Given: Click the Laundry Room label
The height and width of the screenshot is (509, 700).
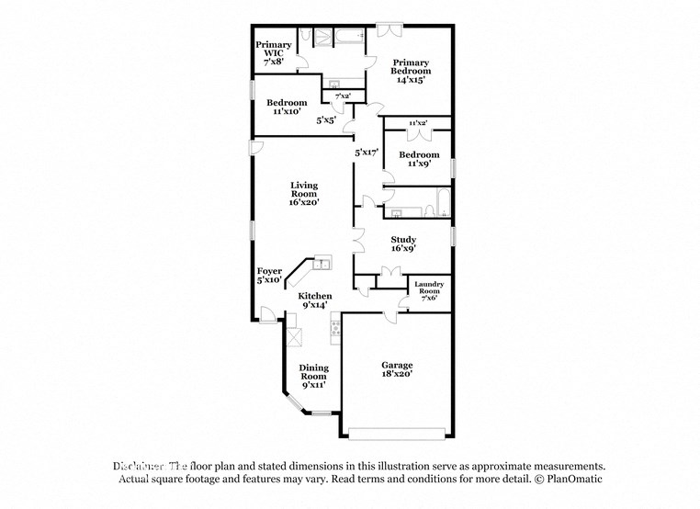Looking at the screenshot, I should click(429, 290).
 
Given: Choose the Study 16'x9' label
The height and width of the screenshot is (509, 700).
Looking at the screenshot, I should click(402, 243).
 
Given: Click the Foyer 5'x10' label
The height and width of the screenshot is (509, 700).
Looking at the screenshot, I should click(268, 276).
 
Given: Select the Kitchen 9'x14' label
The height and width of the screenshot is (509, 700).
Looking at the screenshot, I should click(313, 300).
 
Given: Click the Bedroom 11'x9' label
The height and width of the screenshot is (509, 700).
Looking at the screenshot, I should click(418, 159).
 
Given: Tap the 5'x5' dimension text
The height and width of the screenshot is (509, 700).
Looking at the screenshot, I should click(326, 119).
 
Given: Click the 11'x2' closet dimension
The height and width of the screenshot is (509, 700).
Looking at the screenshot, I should click(418, 122).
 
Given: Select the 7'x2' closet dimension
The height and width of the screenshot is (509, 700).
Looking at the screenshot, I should click(343, 96).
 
